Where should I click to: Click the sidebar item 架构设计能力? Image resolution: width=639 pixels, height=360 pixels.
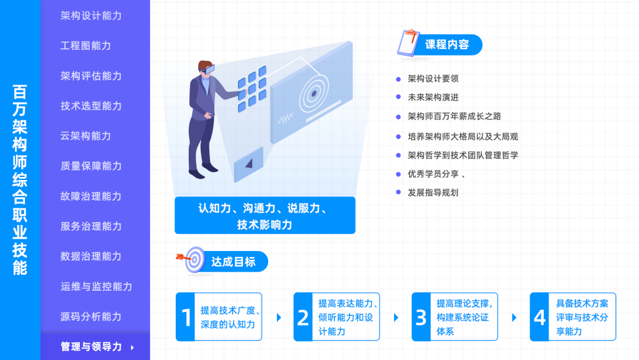pos(91,15)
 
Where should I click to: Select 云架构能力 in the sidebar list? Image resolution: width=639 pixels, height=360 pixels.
pos(86,136)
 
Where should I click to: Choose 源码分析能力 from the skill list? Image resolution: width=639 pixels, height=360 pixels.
pos(91,317)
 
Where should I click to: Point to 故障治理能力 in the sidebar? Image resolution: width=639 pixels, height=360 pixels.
pos(91,197)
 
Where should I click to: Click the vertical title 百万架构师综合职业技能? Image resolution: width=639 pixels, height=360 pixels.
pos(20,180)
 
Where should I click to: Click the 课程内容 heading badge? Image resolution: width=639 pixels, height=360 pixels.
pos(447,44)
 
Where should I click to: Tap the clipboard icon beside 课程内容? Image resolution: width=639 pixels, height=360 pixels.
pos(408,43)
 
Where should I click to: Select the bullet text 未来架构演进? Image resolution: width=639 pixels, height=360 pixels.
pos(433,97)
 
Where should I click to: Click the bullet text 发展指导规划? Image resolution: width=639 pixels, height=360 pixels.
pos(433,192)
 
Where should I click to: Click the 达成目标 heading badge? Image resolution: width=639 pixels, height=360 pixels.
pos(233,261)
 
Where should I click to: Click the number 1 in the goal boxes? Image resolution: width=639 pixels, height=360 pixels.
pos(186,317)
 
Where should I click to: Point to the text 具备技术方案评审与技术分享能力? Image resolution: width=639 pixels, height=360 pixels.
pos(582,317)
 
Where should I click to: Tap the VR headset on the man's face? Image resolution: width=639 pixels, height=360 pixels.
pos(206,69)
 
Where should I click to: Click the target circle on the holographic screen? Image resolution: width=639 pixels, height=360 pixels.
pos(313,93)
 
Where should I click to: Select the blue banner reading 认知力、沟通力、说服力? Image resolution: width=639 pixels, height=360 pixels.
pos(264,216)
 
